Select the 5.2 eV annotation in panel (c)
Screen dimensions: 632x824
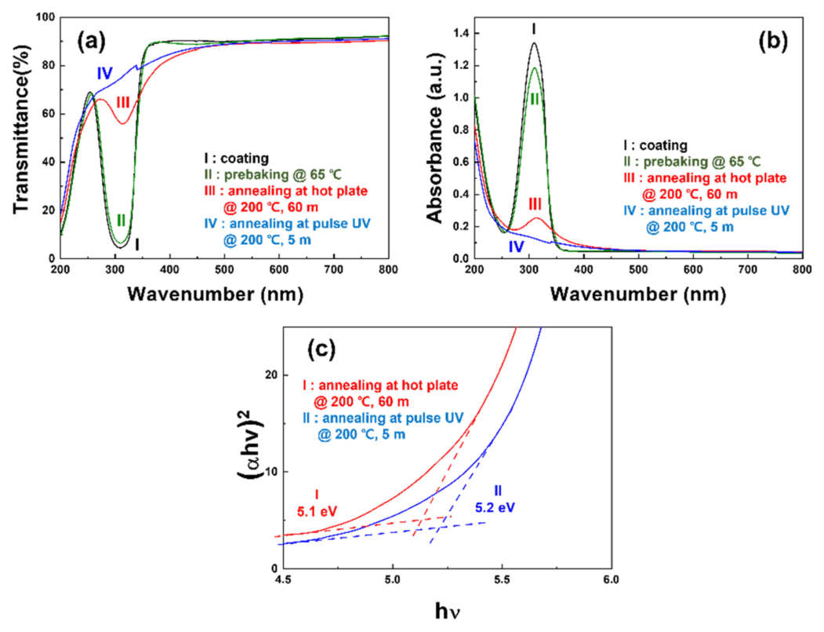coord(495,508)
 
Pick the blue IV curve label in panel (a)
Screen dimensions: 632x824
coord(105,73)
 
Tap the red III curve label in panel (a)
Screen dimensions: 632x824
coord(122,102)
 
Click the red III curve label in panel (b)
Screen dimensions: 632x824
coord(535,203)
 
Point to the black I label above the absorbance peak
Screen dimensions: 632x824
coord(534,29)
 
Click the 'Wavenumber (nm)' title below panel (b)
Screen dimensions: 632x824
coord(637,294)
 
